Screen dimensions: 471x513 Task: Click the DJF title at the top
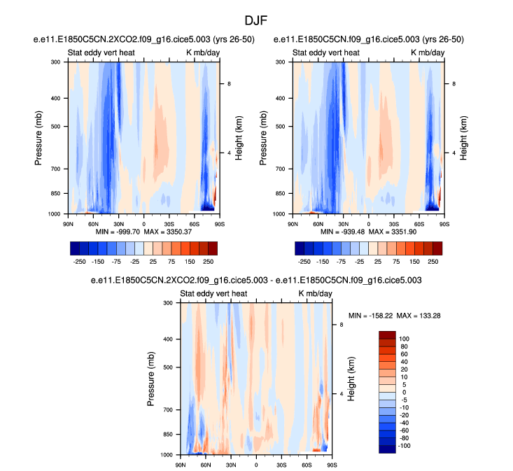pos(255,21)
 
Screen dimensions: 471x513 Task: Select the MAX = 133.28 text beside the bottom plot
pos(418,316)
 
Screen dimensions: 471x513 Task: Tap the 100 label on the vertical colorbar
pos(405,339)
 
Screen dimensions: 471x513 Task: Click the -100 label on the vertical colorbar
pos(406,445)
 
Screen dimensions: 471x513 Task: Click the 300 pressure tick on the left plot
pos(55,62)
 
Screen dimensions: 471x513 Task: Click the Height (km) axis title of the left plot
pos(239,137)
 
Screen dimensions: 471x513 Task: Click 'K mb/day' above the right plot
pos(423,53)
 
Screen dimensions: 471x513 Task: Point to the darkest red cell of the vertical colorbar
pos(388,335)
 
